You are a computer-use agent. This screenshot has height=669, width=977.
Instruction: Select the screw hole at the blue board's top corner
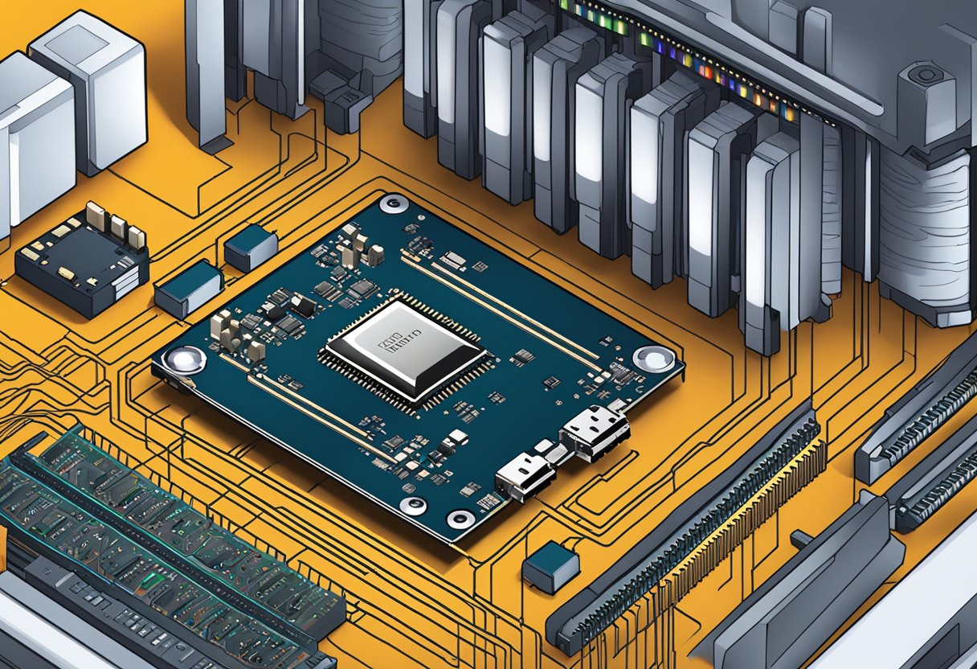pos(394,203)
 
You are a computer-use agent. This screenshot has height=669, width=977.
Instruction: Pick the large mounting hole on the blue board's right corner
pos(653,359)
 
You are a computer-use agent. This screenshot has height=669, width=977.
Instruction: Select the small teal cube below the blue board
pos(550,566)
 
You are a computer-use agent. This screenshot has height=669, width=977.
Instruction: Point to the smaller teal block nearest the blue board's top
pos(251,246)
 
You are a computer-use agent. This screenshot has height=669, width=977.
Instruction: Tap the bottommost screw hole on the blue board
pos(460,518)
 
